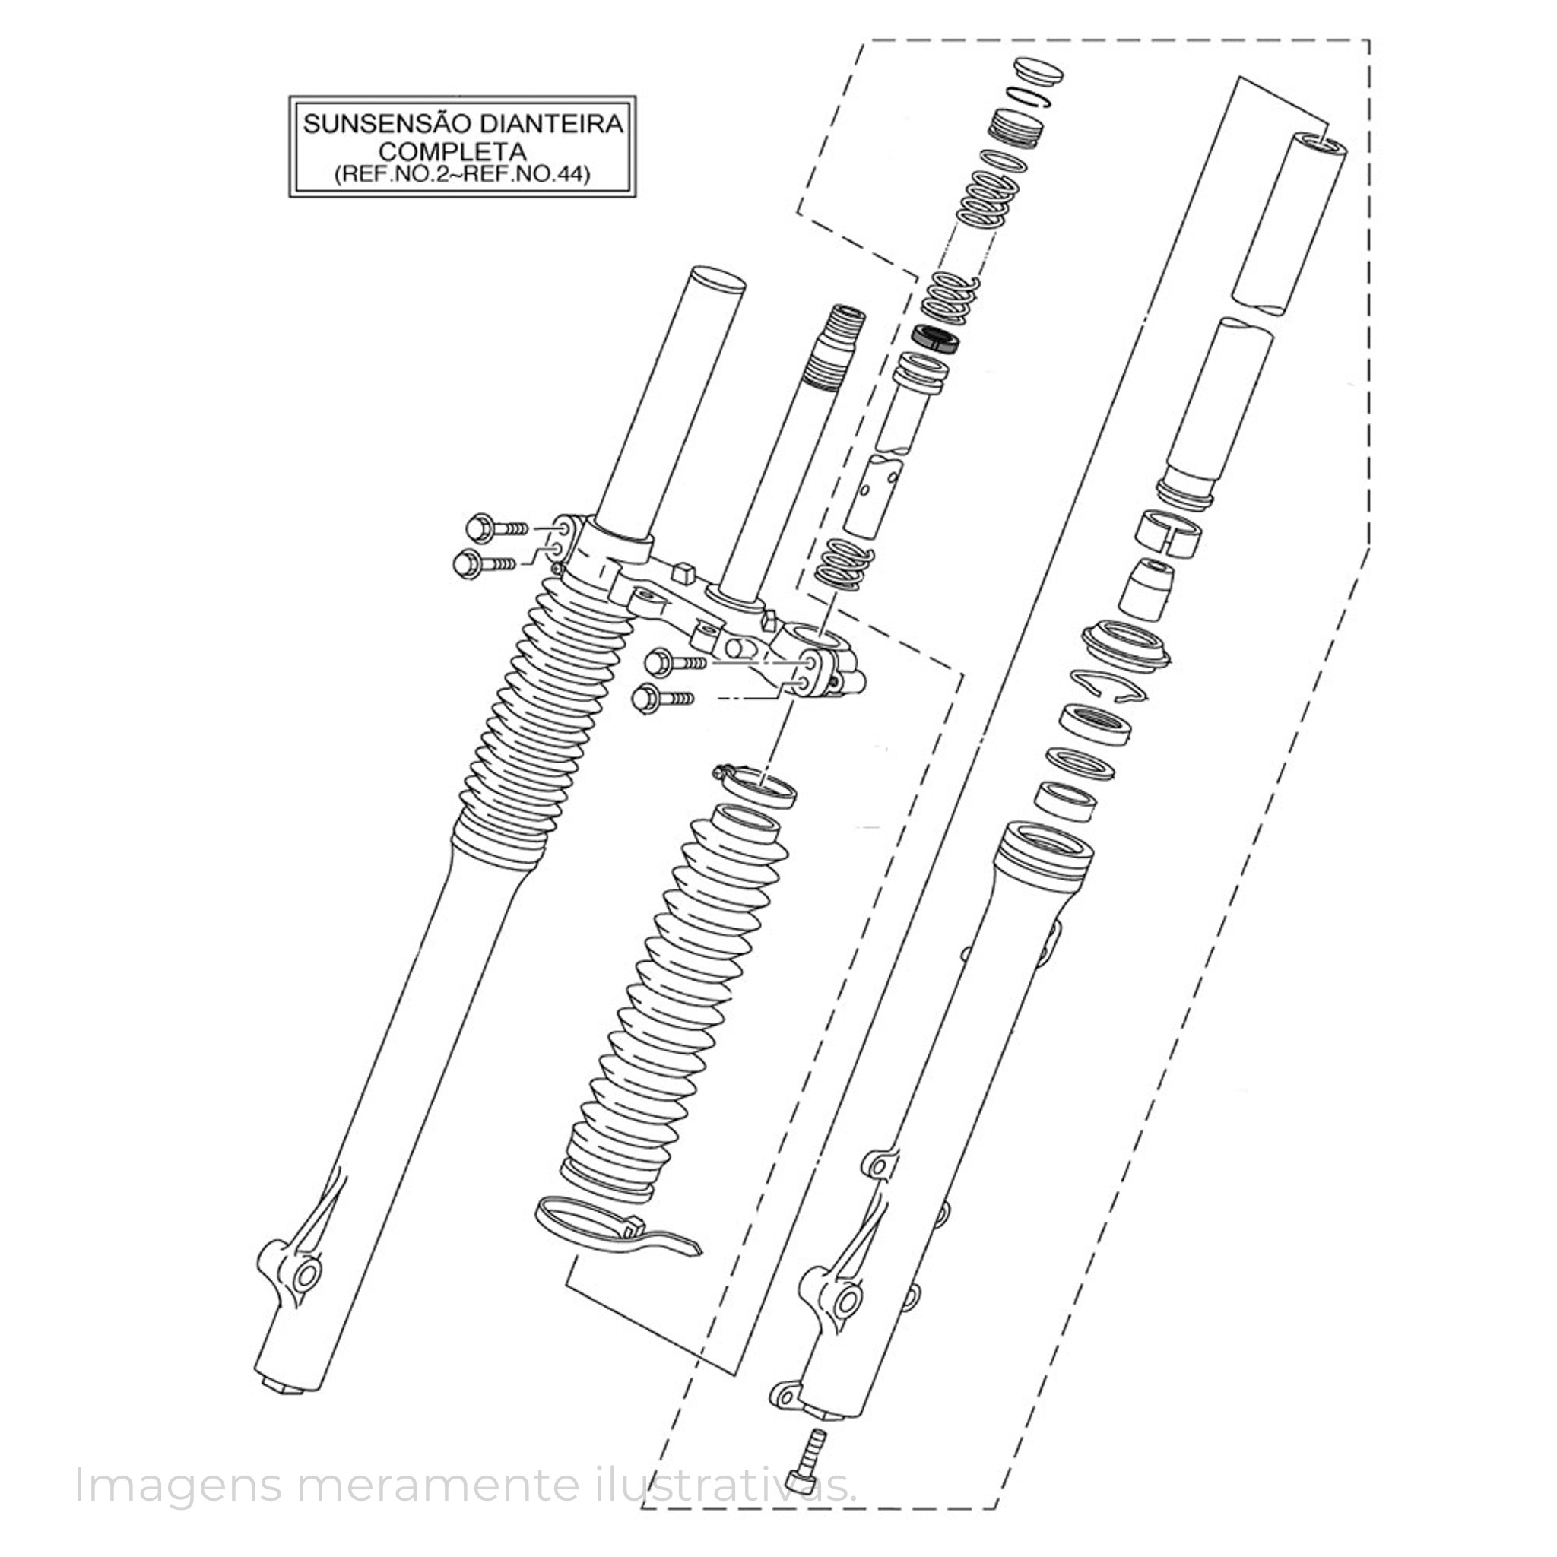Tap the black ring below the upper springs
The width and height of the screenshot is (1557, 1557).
pos(935,339)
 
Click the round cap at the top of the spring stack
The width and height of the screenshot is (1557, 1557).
pos(1038,71)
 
